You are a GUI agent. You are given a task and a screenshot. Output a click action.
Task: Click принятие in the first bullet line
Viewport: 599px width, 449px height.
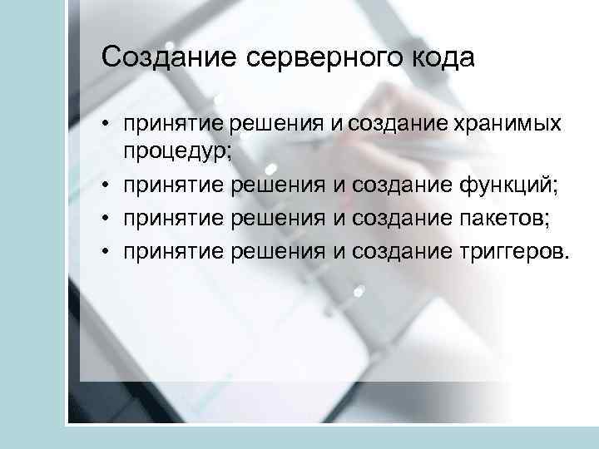173,125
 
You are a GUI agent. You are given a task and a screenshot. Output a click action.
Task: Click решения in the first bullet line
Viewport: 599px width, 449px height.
276,125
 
